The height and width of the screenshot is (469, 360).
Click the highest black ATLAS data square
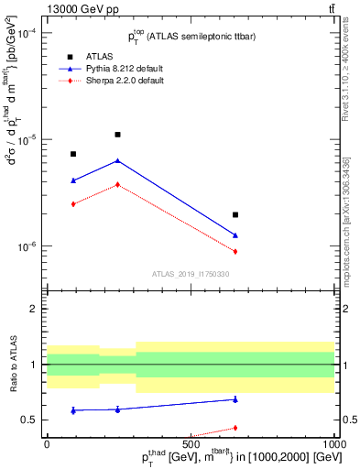[117, 135]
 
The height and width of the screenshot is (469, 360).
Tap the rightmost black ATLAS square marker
[235, 214]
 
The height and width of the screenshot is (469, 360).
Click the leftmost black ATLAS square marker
[73, 154]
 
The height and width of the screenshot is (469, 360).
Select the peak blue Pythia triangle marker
[117, 160]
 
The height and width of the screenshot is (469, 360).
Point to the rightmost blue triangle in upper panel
[235, 235]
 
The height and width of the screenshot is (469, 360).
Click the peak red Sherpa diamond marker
[117, 184]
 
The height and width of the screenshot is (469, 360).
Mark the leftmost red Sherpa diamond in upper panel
[73, 203]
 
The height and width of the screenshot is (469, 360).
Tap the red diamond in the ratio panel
[235, 428]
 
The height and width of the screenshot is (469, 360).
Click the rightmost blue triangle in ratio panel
[235, 398]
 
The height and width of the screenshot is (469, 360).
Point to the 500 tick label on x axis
[191, 442]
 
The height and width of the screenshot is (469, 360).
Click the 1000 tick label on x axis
[333, 442]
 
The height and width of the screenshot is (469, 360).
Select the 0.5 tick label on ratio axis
[27, 420]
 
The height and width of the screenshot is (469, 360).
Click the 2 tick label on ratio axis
[33, 310]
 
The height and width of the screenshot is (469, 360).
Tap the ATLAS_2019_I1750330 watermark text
[191, 274]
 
